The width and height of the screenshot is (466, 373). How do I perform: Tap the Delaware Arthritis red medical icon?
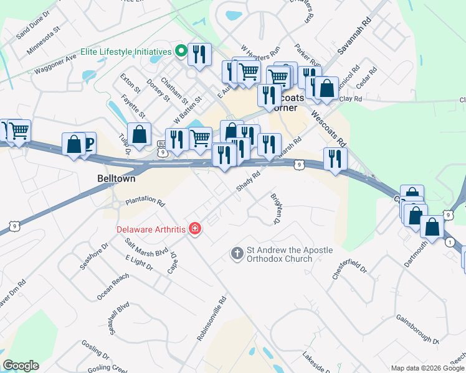coord(195,229)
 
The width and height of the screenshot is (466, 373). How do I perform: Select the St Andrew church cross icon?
coord(237,253)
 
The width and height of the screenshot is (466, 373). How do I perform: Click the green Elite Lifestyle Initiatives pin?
coord(182,52)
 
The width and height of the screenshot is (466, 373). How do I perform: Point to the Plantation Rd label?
coord(145,203)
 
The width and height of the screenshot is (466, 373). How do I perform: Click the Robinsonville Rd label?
coord(211,319)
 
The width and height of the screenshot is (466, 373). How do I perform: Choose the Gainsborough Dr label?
coord(417,329)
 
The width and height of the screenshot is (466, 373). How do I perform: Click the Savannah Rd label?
coord(359,42)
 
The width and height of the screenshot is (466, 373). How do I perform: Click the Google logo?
coord(21,366)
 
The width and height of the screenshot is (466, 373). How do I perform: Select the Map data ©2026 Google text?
coord(427,368)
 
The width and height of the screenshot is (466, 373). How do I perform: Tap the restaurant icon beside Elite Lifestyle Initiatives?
coord(199,54)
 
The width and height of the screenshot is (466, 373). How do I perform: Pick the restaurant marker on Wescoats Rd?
coord(335,159)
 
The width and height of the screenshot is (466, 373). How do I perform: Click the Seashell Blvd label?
coord(118,318)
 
